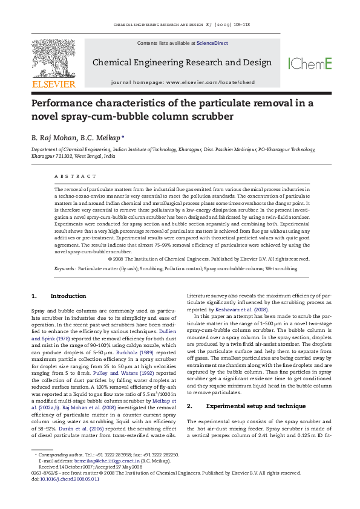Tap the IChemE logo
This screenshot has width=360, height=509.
pyautogui.click(x=310, y=63)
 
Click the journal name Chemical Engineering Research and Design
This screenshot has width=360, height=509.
pyautogui.click(x=182, y=63)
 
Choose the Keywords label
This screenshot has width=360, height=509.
pyautogui.click(x=65, y=268)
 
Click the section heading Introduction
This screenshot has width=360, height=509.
pyautogui.click(x=68, y=296)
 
